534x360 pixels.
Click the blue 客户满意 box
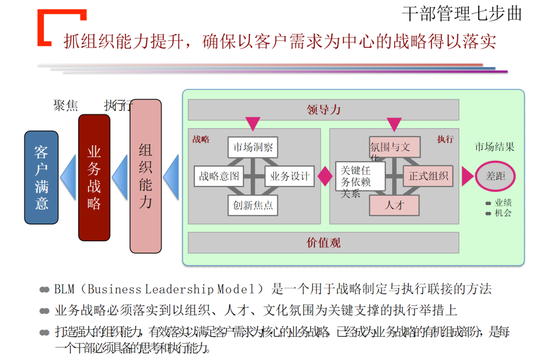[x=42, y=177]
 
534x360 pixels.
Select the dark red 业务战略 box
[x=94, y=177]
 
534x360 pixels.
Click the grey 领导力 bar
[x=323, y=110]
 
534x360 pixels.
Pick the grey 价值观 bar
[x=323, y=242]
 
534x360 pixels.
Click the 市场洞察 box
[x=253, y=147]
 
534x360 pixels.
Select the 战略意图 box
[x=219, y=176]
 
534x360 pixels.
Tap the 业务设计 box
[x=290, y=176]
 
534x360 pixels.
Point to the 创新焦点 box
[x=253, y=205]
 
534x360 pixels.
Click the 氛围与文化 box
[x=395, y=147]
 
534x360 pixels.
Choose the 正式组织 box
[x=428, y=176]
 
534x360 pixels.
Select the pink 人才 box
[x=395, y=205]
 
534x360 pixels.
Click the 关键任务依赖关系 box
[x=360, y=177]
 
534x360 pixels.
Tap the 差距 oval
[x=495, y=176]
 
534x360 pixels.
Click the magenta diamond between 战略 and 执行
[x=325, y=176]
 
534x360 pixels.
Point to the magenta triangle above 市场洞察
[x=253, y=124]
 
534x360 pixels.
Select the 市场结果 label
[x=494, y=147]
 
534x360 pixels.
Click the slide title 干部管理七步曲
[x=462, y=13]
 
